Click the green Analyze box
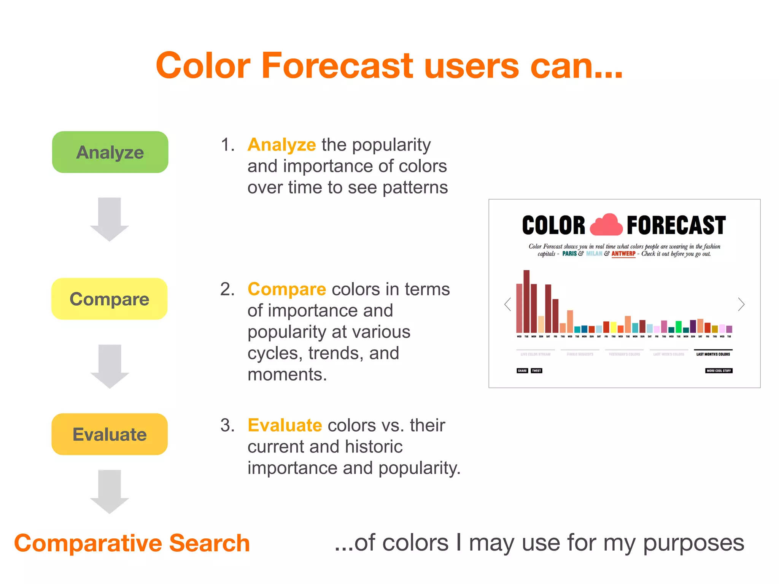[x=110, y=152]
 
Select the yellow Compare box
[x=110, y=299]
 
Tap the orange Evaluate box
[x=110, y=434]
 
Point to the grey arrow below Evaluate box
[x=110, y=492]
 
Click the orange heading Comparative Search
[x=132, y=543]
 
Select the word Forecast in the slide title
[x=337, y=65]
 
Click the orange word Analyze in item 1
[x=281, y=145]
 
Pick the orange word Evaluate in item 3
[x=285, y=425]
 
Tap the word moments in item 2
[x=287, y=375]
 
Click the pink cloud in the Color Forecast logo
[x=606, y=225]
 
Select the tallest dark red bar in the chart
[x=526, y=301]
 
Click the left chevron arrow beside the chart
[x=507, y=304]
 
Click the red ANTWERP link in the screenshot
[x=623, y=254]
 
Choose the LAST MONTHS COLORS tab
[x=713, y=354]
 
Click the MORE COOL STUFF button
[x=719, y=370]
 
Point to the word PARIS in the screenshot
[x=569, y=254]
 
